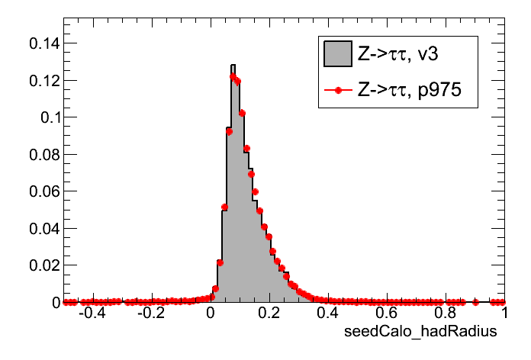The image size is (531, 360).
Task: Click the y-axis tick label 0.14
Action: [43, 43]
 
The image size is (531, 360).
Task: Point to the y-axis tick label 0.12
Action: [43, 80]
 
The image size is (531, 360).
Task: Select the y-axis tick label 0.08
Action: [43, 154]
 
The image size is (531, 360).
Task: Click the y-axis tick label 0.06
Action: [43, 191]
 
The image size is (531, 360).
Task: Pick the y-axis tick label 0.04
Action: [43, 228]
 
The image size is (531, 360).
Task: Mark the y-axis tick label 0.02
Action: [43, 265]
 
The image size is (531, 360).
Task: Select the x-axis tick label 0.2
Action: [270, 313]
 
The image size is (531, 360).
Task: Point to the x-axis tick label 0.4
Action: [329, 313]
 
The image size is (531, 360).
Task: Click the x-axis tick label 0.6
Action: [388, 313]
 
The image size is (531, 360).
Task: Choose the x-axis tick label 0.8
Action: [446, 313]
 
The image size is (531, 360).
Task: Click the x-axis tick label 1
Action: [504, 313]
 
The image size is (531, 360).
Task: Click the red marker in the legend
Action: [337, 91]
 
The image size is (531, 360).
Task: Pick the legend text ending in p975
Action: [417, 91]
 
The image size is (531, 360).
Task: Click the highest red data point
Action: [233, 76]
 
